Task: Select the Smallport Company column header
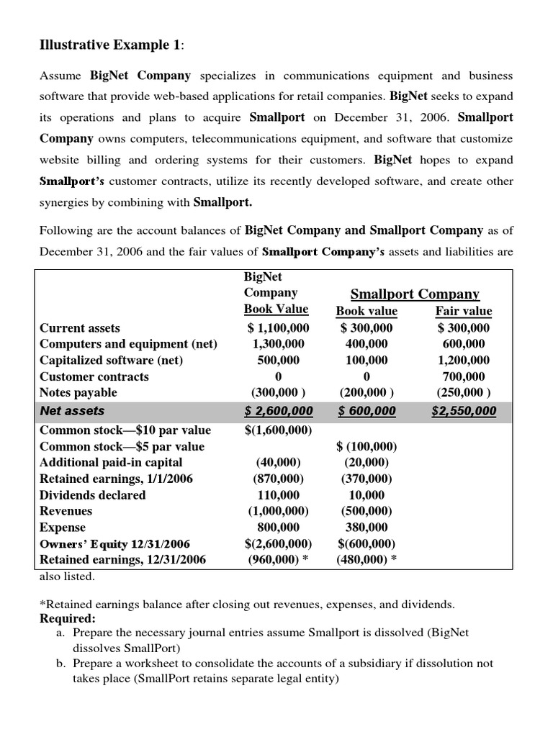click(x=414, y=294)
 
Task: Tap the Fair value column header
click(x=464, y=311)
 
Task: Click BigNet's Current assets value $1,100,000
click(x=278, y=327)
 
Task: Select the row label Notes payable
click(x=78, y=392)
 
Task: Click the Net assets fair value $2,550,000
click(x=464, y=411)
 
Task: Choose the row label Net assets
click(x=72, y=411)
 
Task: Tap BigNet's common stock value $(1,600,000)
click(x=278, y=430)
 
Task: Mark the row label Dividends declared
click(x=92, y=494)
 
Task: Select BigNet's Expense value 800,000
click(x=278, y=527)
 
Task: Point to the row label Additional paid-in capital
click(x=111, y=462)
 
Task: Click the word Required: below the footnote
click(x=66, y=618)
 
